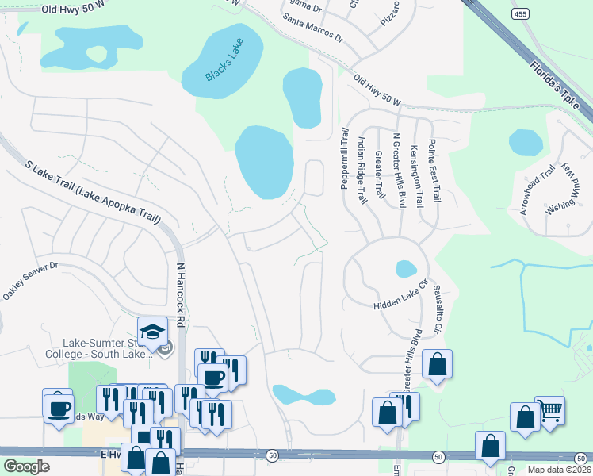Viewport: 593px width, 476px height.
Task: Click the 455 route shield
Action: click(520, 14)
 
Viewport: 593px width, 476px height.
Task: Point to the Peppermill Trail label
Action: click(345, 159)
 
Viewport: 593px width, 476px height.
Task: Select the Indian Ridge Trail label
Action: click(362, 170)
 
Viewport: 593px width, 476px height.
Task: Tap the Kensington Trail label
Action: click(417, 175)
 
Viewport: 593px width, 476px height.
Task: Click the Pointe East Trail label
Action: click(434, 170)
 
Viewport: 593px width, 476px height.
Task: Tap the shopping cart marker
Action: click(549, 411)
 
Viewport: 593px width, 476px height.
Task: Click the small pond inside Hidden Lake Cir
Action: click(406, 268)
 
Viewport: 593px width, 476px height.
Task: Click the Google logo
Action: click(26, 466)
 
